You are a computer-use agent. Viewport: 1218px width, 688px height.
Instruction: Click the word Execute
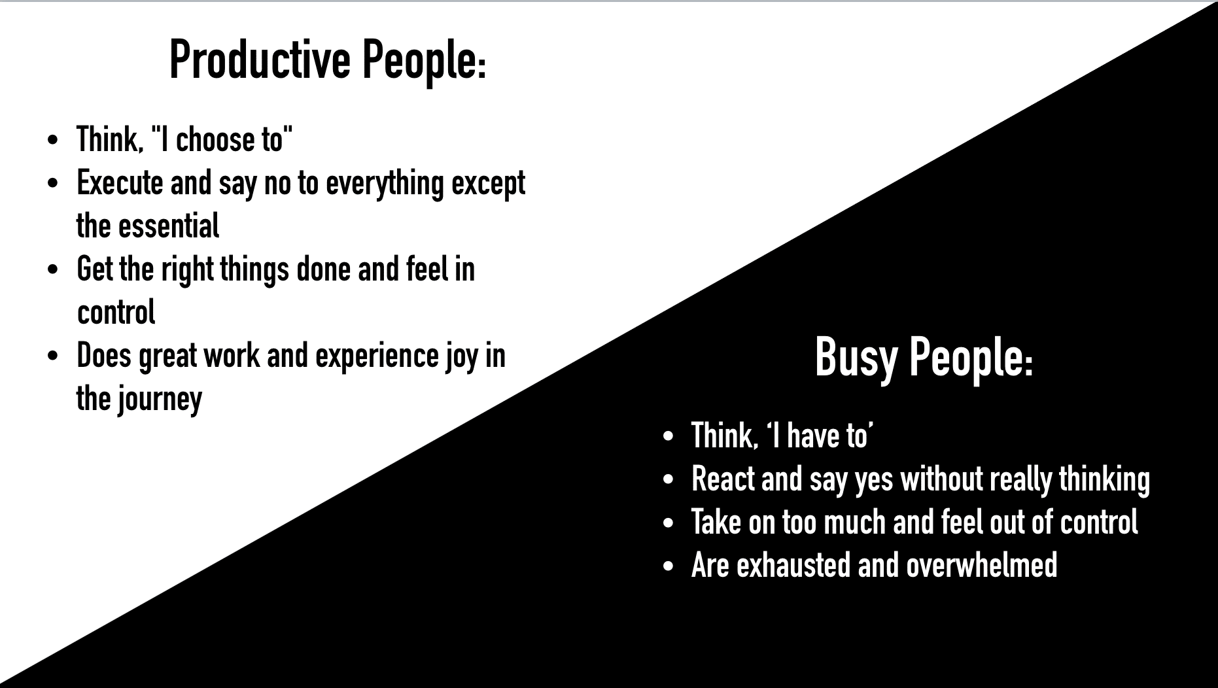pyautogui.click(x=120, y=182)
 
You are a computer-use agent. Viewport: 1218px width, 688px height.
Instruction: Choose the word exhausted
pyautogui.click(x=793, y=565)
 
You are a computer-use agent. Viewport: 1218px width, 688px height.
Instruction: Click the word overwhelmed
pyautogui.click(x=982, y=565)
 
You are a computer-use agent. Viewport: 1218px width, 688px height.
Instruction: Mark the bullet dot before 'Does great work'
pyautogui.click(x=53, y=357)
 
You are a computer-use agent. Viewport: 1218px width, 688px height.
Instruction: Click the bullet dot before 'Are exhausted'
pyautogui.click(x=667, y=566)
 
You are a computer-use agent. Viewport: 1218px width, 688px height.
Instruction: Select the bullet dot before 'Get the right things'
pyautogui.click(x=53, y=270)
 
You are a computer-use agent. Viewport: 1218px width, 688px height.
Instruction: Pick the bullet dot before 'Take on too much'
pyautogui.click(x=667, y=523)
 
